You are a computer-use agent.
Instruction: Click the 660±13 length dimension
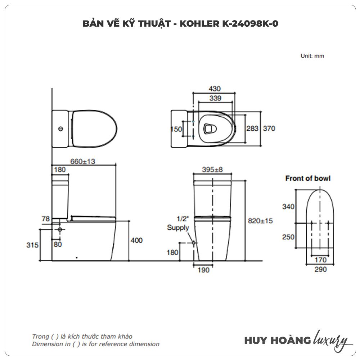[x=83, y=161]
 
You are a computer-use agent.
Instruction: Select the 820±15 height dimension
[x=260, y=221]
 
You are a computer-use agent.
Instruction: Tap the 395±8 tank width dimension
[x=212, y=170]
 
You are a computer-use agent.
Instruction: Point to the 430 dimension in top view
[x=215, y=89]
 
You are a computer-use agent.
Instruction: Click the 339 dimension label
[x=215, y=98]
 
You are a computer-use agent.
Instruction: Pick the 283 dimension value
[x=252, y=129]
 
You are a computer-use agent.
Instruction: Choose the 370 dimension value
[x=269, y=129]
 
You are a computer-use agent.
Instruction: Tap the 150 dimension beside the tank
[x=176, y=129]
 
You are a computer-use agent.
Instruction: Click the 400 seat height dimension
[x=136, y=240]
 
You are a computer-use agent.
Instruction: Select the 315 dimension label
[x=32, y=245]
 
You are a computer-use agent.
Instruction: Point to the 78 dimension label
[x=46, y=219]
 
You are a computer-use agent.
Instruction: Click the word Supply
[x=178, y=228]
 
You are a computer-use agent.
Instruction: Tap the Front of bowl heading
[x=308, y=178]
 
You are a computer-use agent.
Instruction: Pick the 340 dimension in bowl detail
[x=288, y=207]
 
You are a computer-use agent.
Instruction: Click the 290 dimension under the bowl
[x=320, y=269]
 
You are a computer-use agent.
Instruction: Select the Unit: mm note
[x=312, y=56]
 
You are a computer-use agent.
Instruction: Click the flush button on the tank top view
[x=60, y=129]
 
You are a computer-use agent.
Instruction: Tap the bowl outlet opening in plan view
[x=210, y=129]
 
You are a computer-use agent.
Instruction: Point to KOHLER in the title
[x=199, y=23]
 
